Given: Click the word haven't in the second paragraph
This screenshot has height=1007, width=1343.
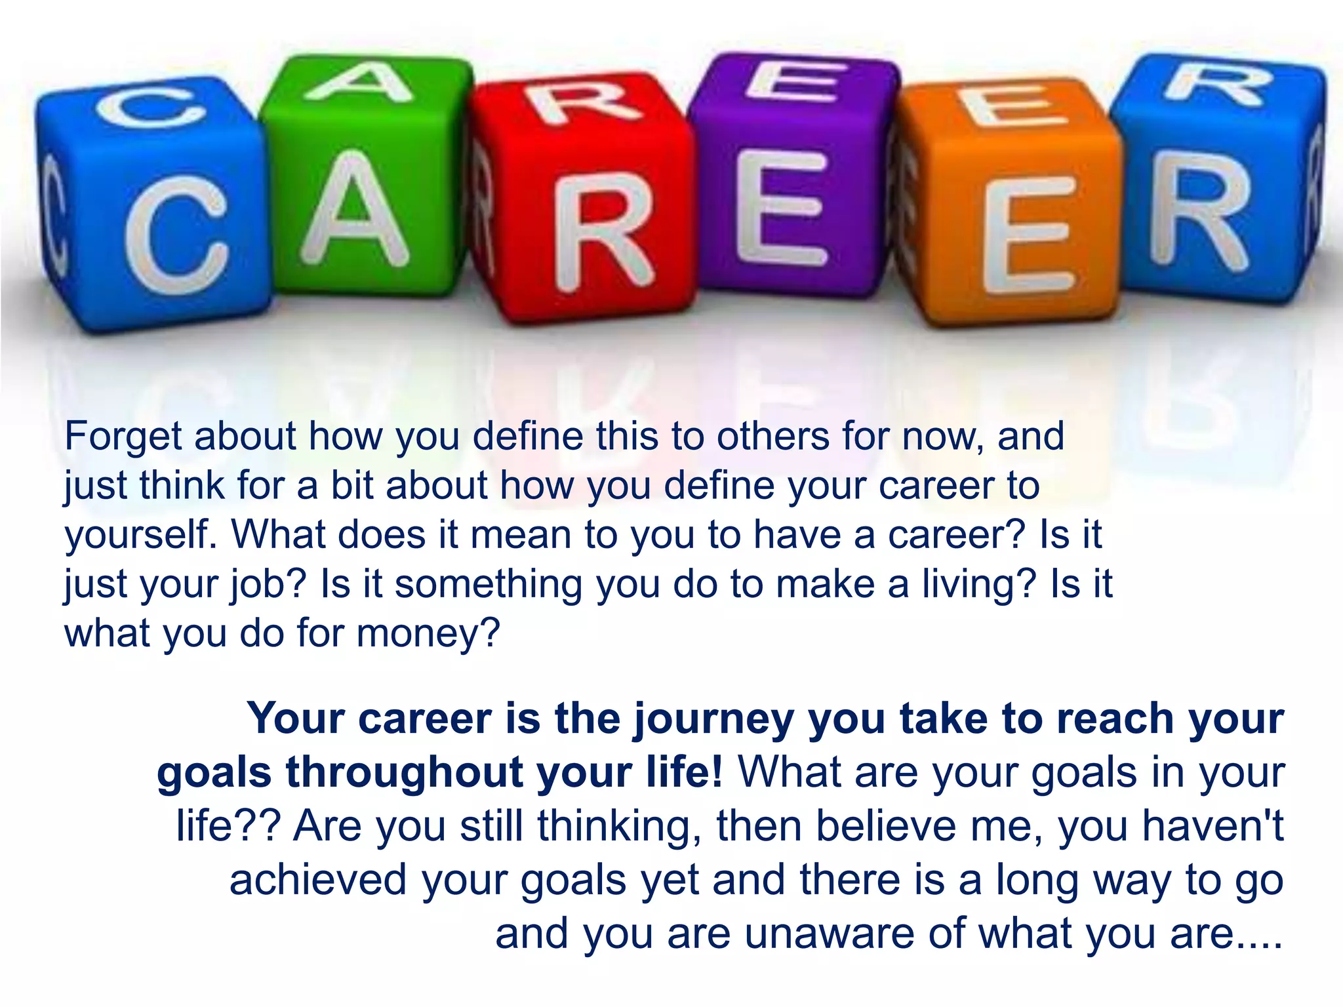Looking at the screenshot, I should [x=1213, y=826].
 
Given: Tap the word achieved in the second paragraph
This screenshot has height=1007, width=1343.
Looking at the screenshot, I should [x=317, y=880].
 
